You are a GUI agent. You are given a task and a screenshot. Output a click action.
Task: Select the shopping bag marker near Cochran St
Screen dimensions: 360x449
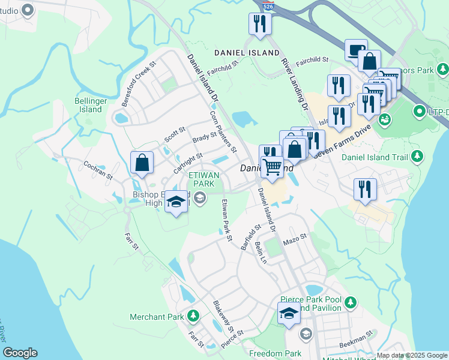click(142, 163)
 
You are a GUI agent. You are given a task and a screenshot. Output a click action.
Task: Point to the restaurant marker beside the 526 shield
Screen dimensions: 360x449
click(260, 24)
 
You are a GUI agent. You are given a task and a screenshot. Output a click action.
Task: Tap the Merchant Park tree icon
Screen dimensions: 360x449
click(193, 316)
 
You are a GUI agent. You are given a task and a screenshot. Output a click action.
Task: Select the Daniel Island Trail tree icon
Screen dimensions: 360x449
click(417, 157)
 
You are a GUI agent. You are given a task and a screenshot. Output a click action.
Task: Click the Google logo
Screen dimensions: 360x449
click(20, 353)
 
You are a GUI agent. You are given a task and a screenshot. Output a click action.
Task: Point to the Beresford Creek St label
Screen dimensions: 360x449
click(139, 84)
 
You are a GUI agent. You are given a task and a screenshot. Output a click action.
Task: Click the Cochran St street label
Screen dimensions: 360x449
click(98, 170)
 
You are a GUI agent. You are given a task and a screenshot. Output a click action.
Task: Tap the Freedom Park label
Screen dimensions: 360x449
click(275, 353)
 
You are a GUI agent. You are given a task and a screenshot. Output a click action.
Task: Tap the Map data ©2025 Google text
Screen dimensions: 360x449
click(411, 355)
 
